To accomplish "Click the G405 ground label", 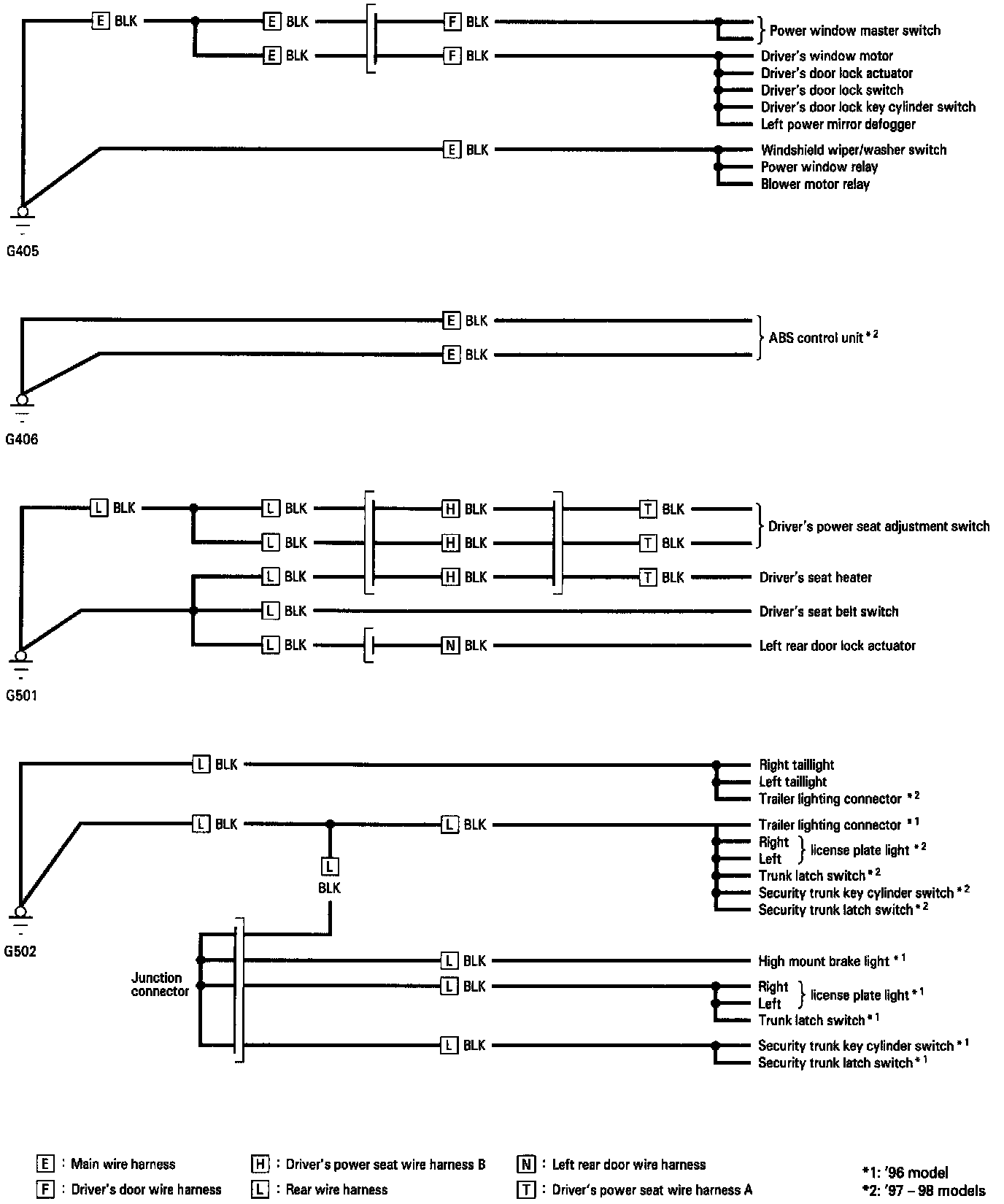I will point(22,252).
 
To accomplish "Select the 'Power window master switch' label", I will point(854,31).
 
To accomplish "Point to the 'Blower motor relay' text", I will point(815,185).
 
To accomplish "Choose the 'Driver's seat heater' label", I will point(815,578).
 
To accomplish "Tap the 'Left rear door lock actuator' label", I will point(837,646).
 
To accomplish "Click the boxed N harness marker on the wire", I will point(450,646).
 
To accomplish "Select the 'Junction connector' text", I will point(160,984).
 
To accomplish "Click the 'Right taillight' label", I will point(796,765).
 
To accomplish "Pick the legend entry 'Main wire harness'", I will point(123,1165).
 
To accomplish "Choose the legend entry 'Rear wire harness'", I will point(336,1190).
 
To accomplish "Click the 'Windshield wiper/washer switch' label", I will point(853,150).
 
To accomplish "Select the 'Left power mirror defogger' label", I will point(838,125).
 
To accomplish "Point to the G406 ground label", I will point(22,440).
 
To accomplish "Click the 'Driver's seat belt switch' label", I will point(828,611).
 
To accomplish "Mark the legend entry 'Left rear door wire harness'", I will point(628,1165).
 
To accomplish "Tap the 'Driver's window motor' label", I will point(827,56).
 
